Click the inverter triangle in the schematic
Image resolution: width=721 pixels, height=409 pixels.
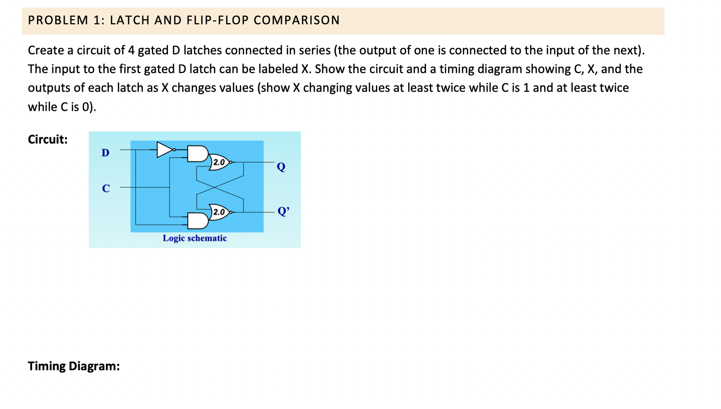tap(165, 149)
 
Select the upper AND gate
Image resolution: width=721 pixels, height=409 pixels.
tap(197, 153)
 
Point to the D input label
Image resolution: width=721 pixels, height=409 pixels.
tap(105, 153)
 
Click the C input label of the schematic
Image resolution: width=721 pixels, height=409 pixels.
tap(106, 188)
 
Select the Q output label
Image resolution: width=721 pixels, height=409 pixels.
tap(281, 167)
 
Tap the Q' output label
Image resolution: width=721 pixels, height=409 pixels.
tap(284, 211)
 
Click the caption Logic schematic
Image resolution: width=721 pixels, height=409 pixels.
tap(195, 238)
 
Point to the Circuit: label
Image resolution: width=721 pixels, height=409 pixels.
tap(48, 139)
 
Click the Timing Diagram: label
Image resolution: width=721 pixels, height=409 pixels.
tap(74, 366)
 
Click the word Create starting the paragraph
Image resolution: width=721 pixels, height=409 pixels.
tap(46, 50)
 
